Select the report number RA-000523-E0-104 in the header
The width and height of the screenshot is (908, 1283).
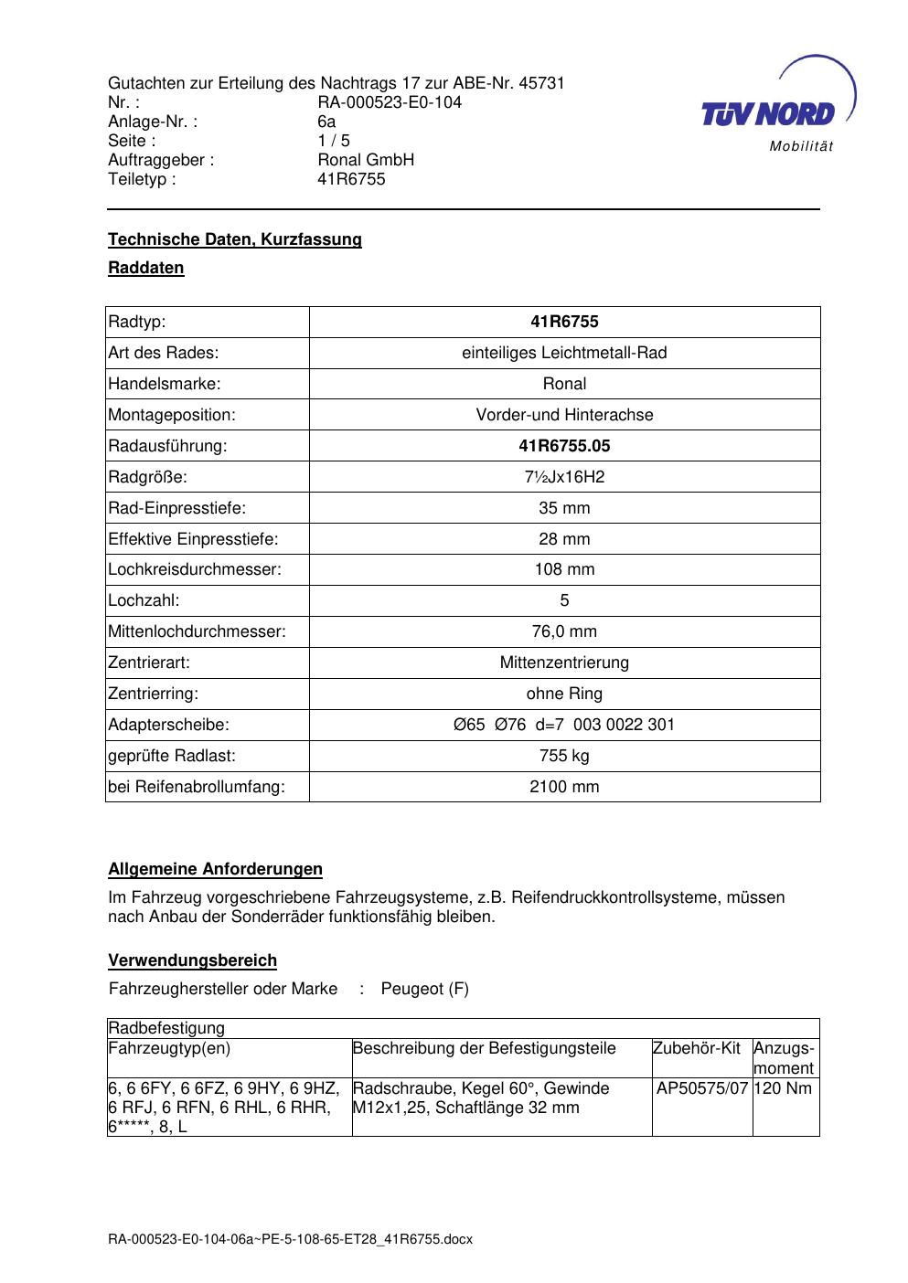pos(390,102)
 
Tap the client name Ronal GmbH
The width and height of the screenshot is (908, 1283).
pos(366,160)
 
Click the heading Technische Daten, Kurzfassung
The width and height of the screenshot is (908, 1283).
pos(235,239)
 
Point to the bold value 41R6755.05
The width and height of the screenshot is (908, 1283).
pos(564,446)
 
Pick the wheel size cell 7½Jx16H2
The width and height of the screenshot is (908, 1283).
pos(564,477)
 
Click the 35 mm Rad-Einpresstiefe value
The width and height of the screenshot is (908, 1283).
pos(564,508)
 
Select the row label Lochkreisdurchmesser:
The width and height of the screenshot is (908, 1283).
pos(195,569)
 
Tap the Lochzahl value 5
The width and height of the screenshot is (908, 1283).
pos(564,600)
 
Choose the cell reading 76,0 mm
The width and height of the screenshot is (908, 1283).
pos(564,631)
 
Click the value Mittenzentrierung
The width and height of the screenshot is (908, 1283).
pos(564,663)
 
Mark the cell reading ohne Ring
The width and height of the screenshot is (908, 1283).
pos(564,694)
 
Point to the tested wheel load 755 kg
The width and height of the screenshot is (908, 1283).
pos(564,756)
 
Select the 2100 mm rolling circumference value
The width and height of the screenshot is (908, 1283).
pos(564,787)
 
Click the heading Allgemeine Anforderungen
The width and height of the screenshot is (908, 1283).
pos(216,869)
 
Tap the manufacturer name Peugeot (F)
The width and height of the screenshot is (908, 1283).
pos(424,989)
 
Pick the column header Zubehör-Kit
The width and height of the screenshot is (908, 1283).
pos(697,1048)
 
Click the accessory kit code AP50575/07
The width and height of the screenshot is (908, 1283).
pos(702,1088)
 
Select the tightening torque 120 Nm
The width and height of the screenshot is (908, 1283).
pos(784,1088)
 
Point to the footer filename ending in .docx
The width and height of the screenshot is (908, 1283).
pos(290,1240)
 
